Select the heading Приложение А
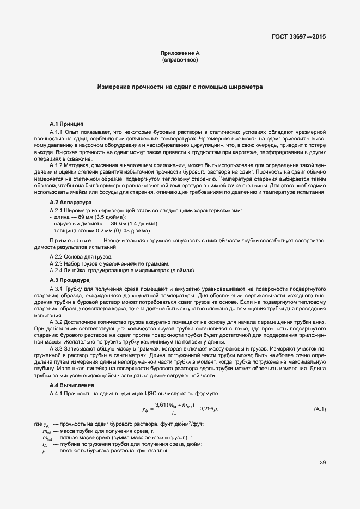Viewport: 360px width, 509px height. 180,53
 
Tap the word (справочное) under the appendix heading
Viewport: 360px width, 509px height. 180,59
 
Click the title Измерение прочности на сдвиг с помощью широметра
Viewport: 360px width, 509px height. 180,87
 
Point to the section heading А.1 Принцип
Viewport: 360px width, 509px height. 66,124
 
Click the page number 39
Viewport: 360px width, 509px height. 322,463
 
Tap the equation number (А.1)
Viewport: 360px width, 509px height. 320,409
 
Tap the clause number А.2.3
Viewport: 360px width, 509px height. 58,263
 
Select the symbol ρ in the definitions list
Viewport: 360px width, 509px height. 44,451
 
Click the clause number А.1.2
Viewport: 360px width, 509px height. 58,165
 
